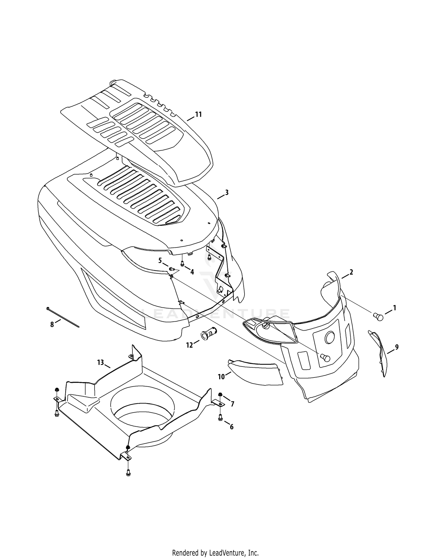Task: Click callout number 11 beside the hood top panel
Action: (198, 114)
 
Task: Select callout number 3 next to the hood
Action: (227, 192)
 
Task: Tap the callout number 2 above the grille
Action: (351, 272)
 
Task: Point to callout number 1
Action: (395, 308)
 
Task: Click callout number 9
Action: (397, 347)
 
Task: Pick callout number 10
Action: (221, 377)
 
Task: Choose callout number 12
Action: (190, 345)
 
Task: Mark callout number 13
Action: (100, 363)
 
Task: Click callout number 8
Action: (52, 325)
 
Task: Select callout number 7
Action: (232, 404)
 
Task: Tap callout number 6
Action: (232, 427)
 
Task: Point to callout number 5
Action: (160, 260)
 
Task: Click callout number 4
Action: (192, 272)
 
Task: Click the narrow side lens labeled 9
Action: (378, 353)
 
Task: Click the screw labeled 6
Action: (220, 417)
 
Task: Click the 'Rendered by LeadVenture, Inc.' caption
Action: (215, 544)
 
